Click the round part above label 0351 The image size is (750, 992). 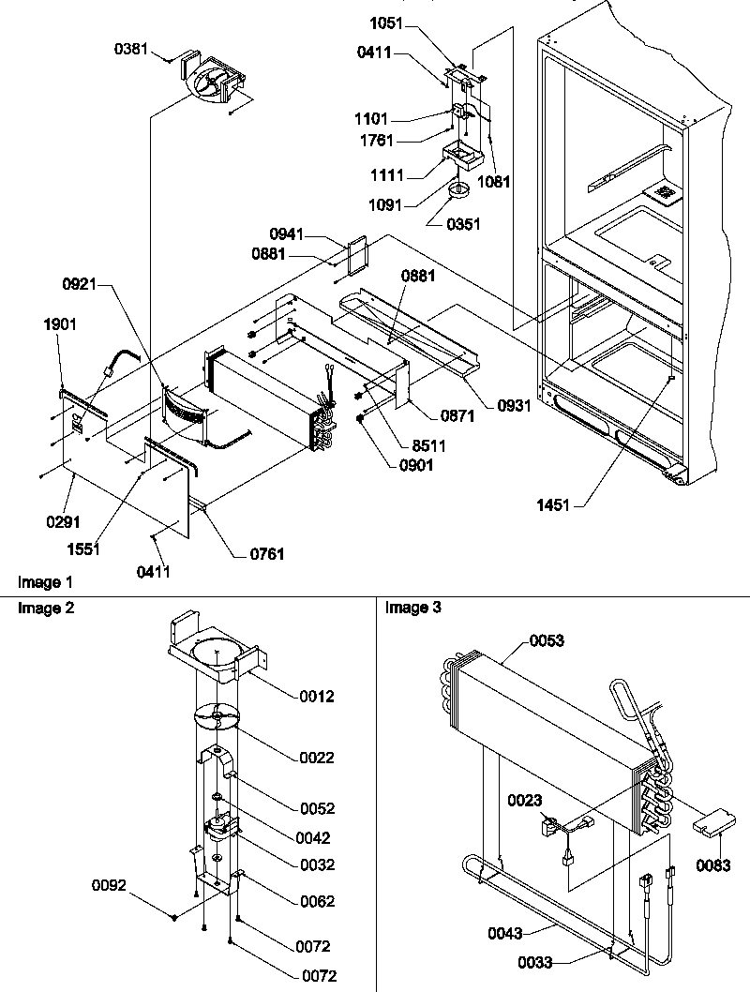tap(458, 192)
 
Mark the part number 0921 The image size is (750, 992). tap(83, 282)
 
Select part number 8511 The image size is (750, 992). tap(423, 445)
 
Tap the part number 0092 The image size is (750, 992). tap(110, 883)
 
